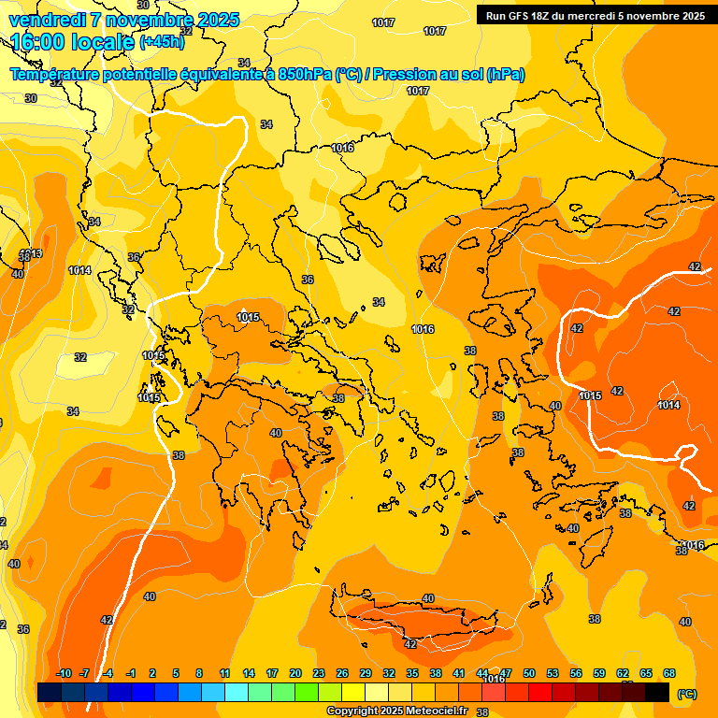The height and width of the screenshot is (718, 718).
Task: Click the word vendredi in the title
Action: point(48,20)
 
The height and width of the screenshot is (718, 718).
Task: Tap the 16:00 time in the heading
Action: point(36,43)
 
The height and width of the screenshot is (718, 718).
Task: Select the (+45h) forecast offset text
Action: point(163,43)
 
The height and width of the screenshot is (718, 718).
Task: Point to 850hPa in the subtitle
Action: point(305,75)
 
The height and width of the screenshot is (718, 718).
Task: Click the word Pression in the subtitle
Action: point(408,75)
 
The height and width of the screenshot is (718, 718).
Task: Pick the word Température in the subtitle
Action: point(57,75)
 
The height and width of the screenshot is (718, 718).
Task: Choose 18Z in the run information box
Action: point(542,16)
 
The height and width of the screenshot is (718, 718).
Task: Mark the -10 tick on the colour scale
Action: point(64,674)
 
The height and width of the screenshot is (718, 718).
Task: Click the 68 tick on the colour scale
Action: point(669,674)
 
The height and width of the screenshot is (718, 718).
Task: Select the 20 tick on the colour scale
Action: point(295,674)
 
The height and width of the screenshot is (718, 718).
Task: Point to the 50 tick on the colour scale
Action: point(529,674)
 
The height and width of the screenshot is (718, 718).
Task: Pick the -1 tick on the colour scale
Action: point(131,674)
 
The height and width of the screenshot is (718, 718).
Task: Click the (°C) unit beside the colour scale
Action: point(687,694)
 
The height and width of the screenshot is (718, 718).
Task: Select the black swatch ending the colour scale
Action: point(657,693)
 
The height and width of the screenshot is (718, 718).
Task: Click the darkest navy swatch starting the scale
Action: point(50,693)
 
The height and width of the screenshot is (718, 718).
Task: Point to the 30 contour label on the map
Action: point(31,98)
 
